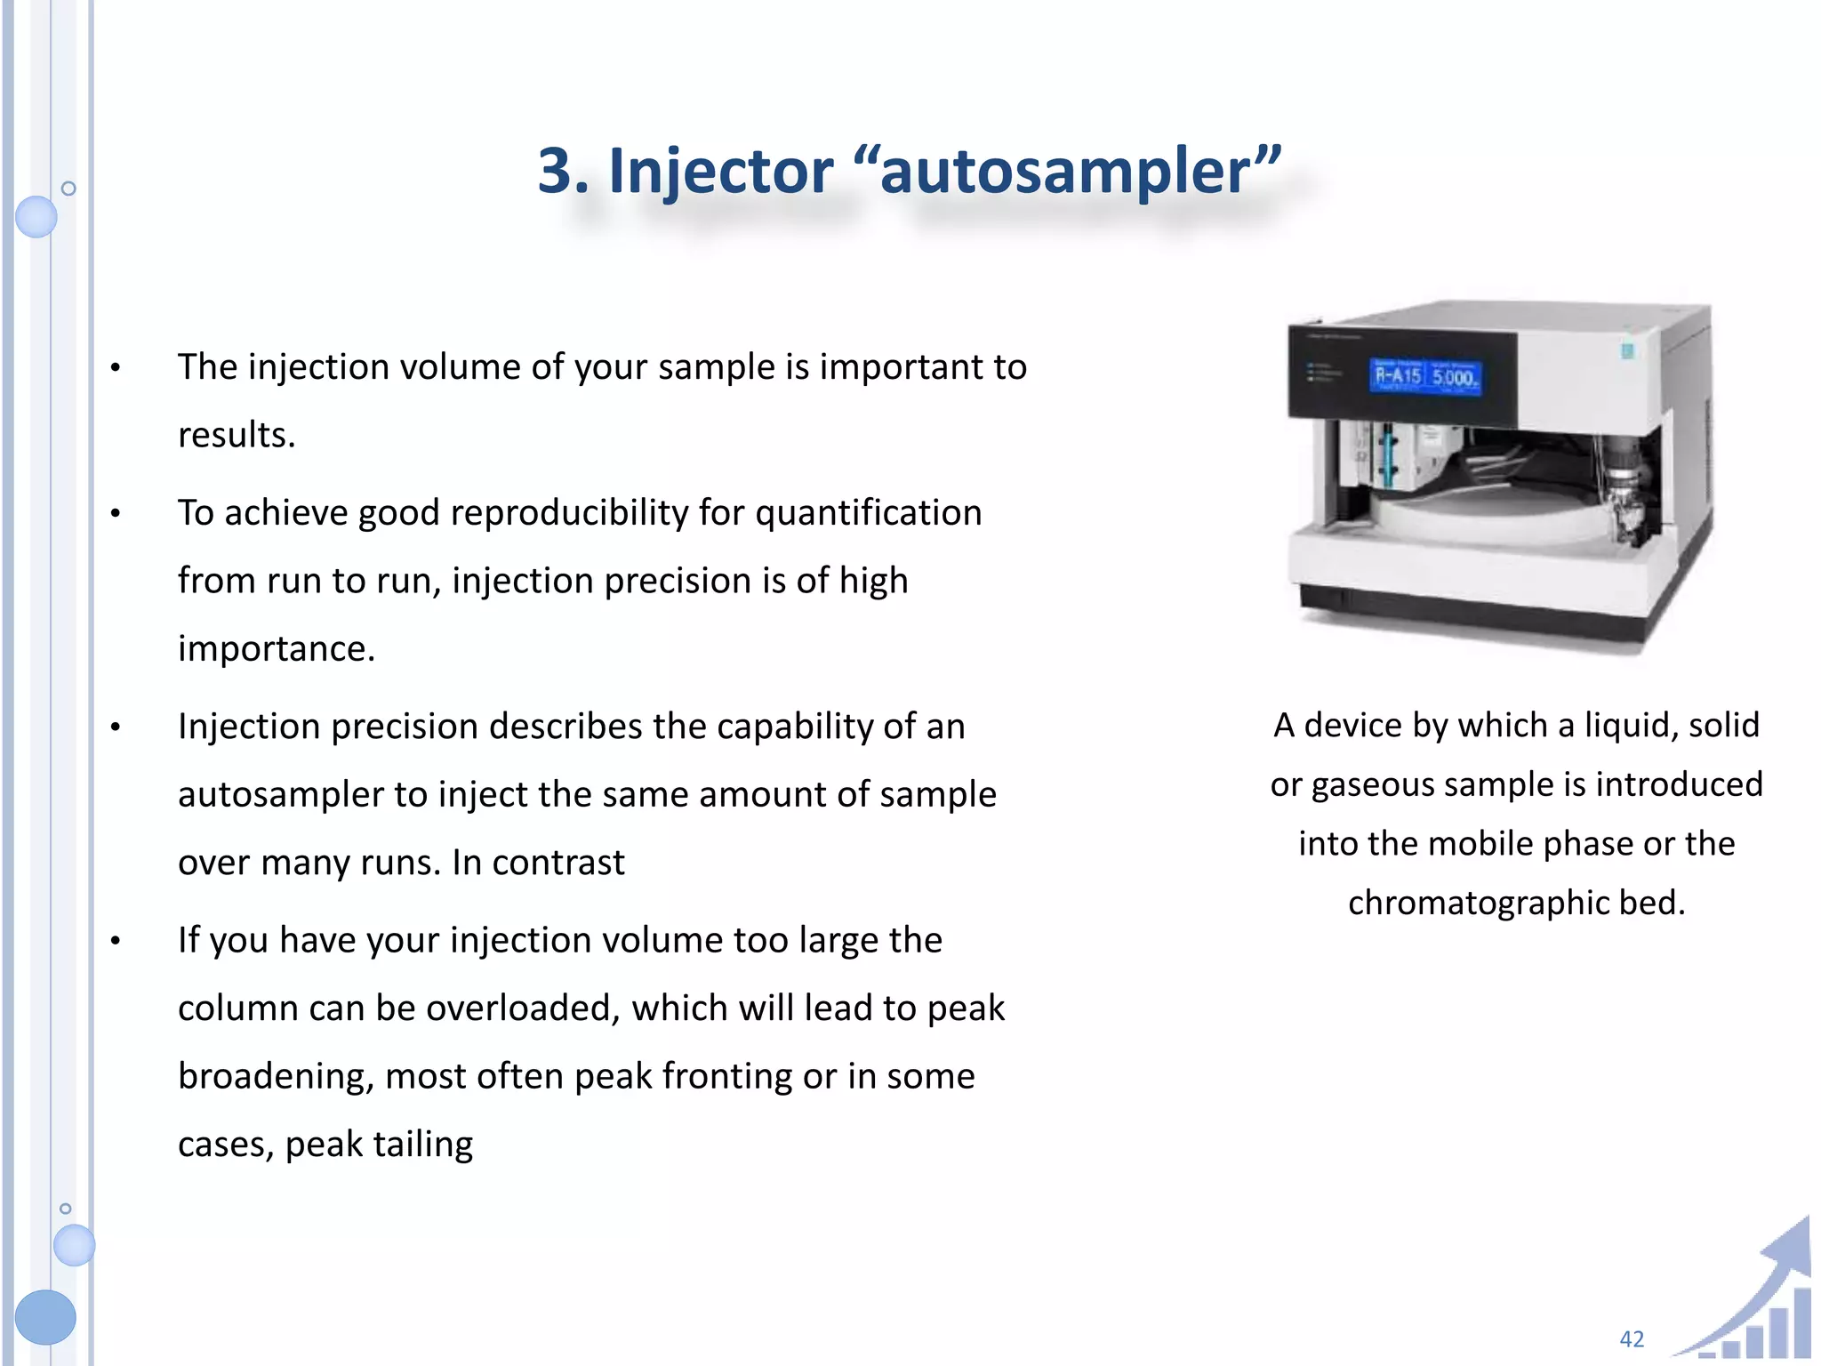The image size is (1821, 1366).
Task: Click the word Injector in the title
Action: pos(720,171)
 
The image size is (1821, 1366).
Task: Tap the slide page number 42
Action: pos(1632,1338)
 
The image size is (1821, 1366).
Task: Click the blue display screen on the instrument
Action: pos(1425,376)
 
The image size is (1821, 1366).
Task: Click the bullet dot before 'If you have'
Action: pos(115,941)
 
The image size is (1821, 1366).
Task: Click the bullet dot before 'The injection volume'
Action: pos(115,367)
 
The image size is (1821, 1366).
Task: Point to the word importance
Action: pos(276,648)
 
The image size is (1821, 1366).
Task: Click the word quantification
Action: pos(868,513)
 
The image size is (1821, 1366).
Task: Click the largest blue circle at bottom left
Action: pos(44,1317)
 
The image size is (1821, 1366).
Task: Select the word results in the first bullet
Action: pos(236,436)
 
